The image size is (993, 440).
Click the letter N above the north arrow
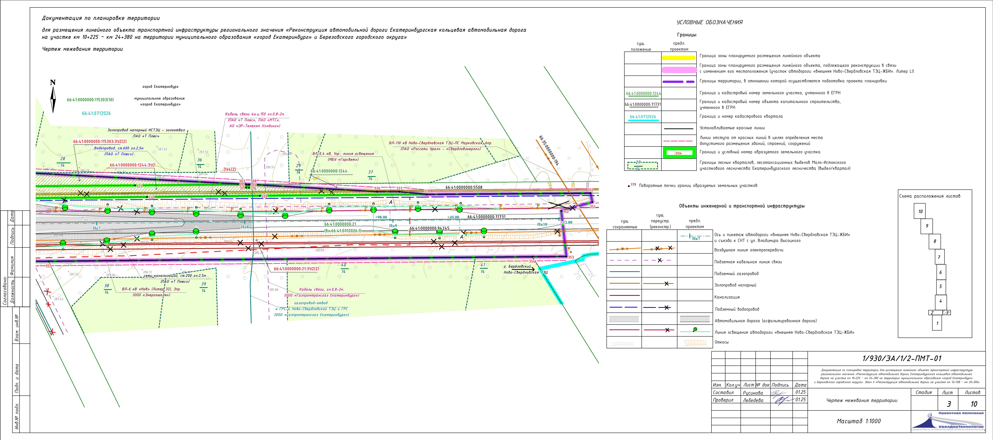pyautogui.click(x=53, y=83)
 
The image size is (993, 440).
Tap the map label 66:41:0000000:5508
pyautogui.click(x=464, y=188)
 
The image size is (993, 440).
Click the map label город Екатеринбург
pyautogui.click(x=160, y=87)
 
